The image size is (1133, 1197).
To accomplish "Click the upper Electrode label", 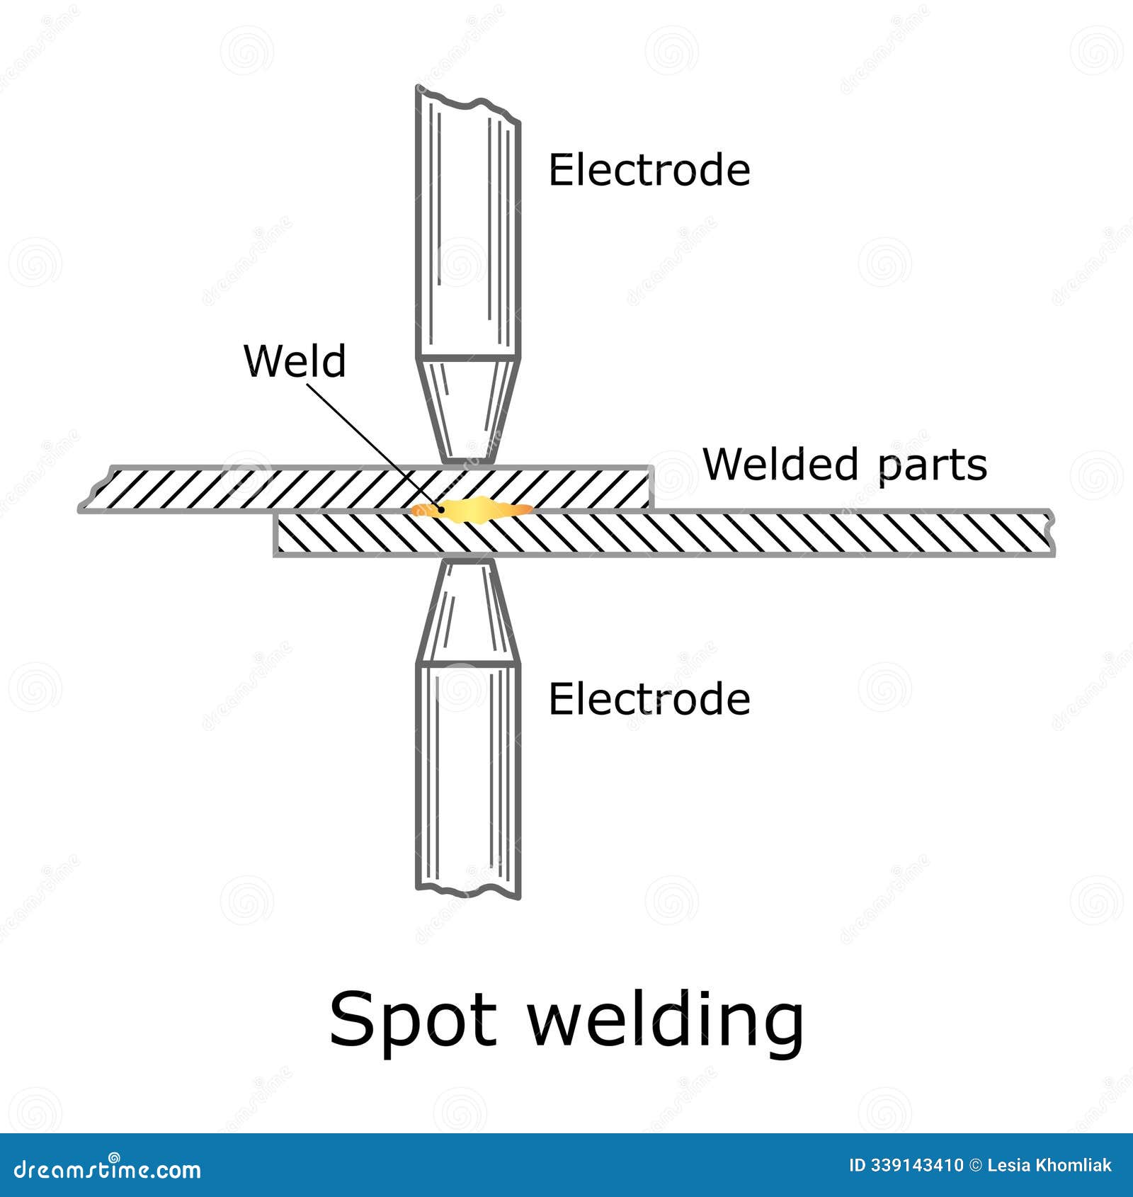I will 649,170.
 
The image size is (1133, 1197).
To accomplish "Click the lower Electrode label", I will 649,699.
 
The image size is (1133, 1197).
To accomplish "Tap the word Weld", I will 295,361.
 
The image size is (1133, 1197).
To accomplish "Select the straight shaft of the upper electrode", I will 468,234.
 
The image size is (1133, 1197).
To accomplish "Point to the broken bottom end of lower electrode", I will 468,890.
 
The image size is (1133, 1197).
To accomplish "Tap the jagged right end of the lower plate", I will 1051,533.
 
